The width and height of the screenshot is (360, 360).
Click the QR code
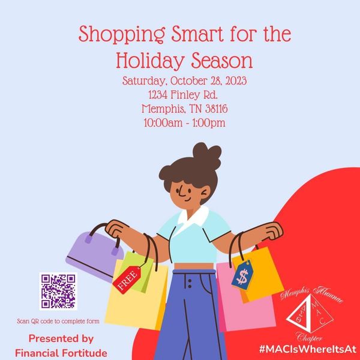(x=58, y=292)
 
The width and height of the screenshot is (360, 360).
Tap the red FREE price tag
(x=127, y=280)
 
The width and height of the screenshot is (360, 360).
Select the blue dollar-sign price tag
(x=242, y=275)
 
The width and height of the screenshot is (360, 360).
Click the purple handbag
(x=95, y=255)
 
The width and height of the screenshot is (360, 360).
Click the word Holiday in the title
(x=149, y=61)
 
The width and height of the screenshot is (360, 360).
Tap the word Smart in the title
(x=197, y=34)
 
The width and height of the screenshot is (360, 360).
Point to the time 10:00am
(x=163, y=122)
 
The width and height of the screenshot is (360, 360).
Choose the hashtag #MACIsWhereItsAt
(x=308, y=349)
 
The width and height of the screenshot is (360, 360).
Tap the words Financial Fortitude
(x=61, y=353)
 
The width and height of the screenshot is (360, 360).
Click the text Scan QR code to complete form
(x=58, y=321)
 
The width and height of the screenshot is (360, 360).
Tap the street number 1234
(x=158, y=95)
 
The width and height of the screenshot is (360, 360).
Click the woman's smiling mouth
(x=187, y=199)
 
